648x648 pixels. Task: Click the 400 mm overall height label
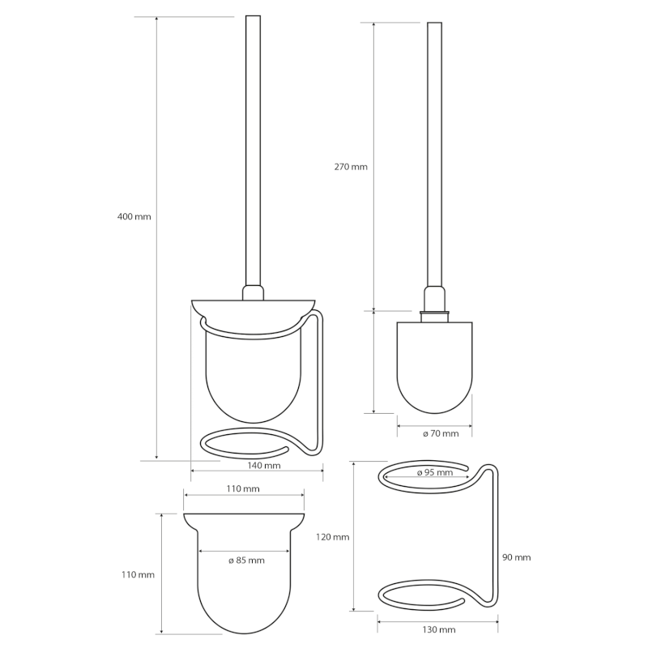[x=134, y=217]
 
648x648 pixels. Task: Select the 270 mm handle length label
[x=351, y=167]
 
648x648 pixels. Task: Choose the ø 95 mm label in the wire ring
[x=434, y=473]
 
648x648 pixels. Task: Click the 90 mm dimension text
[x=516, y=557]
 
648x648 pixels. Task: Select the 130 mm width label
[x=439, y=629]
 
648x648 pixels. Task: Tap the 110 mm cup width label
[x=243, y=488]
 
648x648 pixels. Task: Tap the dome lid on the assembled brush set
[x=253, y=309]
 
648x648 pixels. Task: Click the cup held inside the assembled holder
[x=253, y=373]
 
